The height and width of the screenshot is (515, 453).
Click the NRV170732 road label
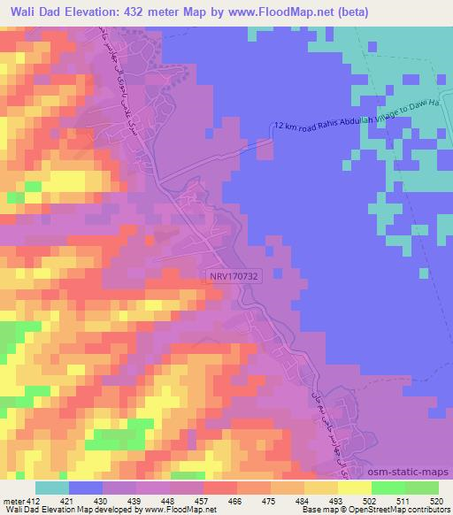click(234, 277)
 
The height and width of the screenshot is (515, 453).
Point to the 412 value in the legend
click(33, 501)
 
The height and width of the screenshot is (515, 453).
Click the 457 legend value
click(203, 501)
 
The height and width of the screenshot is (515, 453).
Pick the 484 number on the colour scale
click(303, 501)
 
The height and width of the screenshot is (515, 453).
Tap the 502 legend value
click(371, 501)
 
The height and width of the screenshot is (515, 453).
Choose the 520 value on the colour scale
click(437, 501)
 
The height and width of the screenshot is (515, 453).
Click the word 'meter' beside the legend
click(12, 501)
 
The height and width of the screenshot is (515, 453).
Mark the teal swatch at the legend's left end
click(52, 488)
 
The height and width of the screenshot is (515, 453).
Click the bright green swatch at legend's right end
click(422, 488)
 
